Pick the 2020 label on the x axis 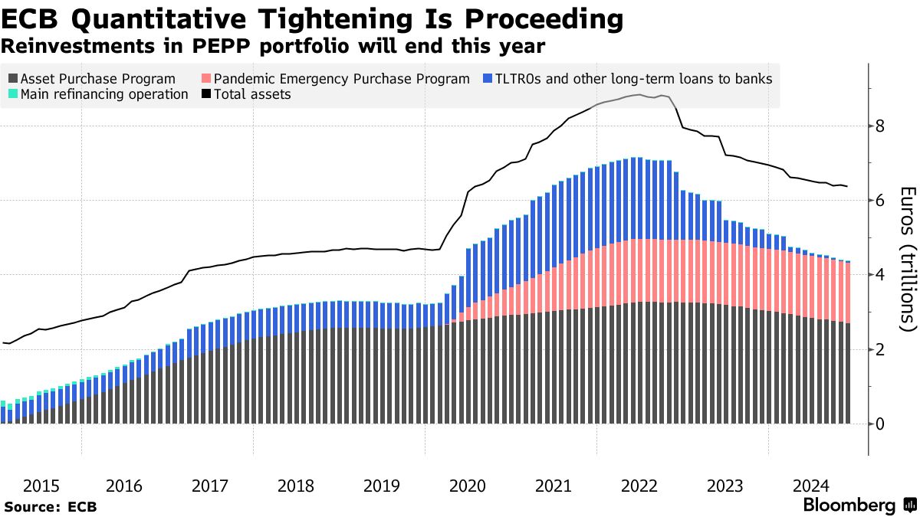(x=468, y=486)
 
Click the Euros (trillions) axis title (x=908, y=259)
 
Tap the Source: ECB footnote (x=51, y=506)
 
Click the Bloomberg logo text (x=849, y=506)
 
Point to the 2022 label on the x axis (x=639, y=486)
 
